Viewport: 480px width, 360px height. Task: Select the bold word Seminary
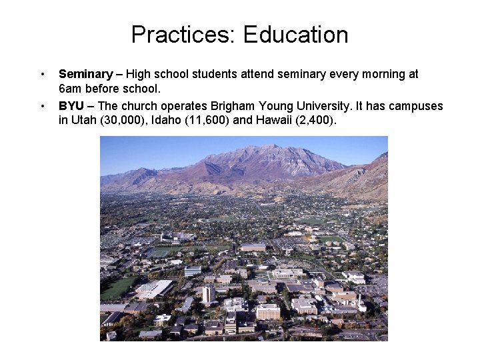coord(85,74)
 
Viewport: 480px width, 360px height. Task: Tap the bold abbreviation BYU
coord(71,106)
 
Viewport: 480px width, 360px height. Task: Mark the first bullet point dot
coord(42,74)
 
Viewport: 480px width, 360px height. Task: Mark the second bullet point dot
coord(42,106)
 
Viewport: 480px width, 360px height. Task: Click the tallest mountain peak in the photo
coord(270,147)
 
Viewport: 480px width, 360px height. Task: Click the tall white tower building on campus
coord(208,294)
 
